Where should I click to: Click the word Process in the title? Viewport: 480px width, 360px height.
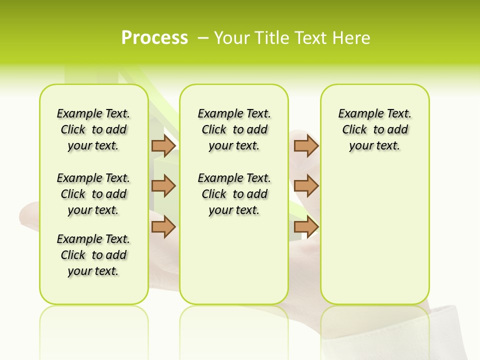(x=154, y=38)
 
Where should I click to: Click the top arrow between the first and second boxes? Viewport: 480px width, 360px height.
(x=163, y=145)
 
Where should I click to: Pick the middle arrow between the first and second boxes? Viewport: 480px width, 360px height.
(x=163, y=186)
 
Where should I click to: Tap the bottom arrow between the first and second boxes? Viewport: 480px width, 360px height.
(x=163, y=227)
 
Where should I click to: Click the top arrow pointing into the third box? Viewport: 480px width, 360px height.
(x=306, y=145)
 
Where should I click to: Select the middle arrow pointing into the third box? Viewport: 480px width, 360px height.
(x=306, y=186)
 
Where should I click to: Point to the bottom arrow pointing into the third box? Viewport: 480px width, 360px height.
(x=306, y=227)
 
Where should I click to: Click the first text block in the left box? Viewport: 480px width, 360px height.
(x=93, y=129)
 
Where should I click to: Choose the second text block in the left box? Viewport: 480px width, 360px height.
(x=93, y=194)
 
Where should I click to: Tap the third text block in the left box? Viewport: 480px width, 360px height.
(x=93, y=255)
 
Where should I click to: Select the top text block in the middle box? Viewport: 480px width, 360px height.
(x=234, y=129)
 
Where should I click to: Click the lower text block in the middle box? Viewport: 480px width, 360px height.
(x=234, y=194)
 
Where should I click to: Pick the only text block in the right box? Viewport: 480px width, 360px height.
(x=375, y=129)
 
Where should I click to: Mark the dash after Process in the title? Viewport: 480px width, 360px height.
(x=203, y=38)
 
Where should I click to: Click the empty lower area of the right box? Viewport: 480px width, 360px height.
(x=375, y=235)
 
